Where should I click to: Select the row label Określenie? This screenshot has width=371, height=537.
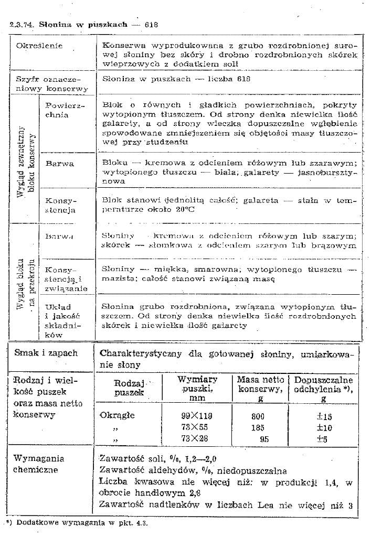click(x=39, y=46)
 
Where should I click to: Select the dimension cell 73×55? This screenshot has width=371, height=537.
click(x=195, y=427)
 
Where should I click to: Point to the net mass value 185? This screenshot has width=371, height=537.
click(x=259, y=427)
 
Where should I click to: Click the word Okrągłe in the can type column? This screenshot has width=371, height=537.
click(x=117, y=415)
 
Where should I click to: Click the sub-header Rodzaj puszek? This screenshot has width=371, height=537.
click(x=125, y=388)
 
